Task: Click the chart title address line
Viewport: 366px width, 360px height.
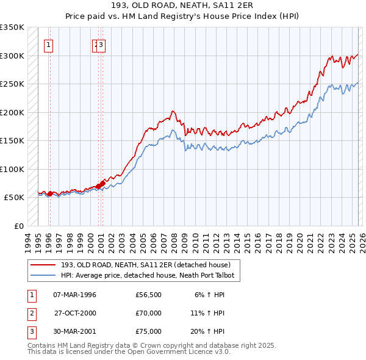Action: coord(182,5)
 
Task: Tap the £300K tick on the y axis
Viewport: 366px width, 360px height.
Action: coord(12,56)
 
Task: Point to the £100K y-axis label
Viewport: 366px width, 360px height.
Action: coord(12,169)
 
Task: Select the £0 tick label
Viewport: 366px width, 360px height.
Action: coord(18,226)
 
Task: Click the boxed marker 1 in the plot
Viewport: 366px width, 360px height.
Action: coord(48,44)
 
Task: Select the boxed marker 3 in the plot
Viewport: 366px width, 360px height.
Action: coord(102,44)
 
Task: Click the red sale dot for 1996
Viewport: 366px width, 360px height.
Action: coord(50,194)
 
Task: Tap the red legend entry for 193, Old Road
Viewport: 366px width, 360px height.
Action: coord(145,265)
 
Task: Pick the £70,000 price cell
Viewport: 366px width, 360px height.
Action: coord(148,313)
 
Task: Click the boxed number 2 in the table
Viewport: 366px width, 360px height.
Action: coord(31,313)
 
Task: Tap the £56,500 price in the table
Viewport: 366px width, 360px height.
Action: coord(148,295)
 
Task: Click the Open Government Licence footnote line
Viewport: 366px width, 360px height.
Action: coord(129,351)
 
